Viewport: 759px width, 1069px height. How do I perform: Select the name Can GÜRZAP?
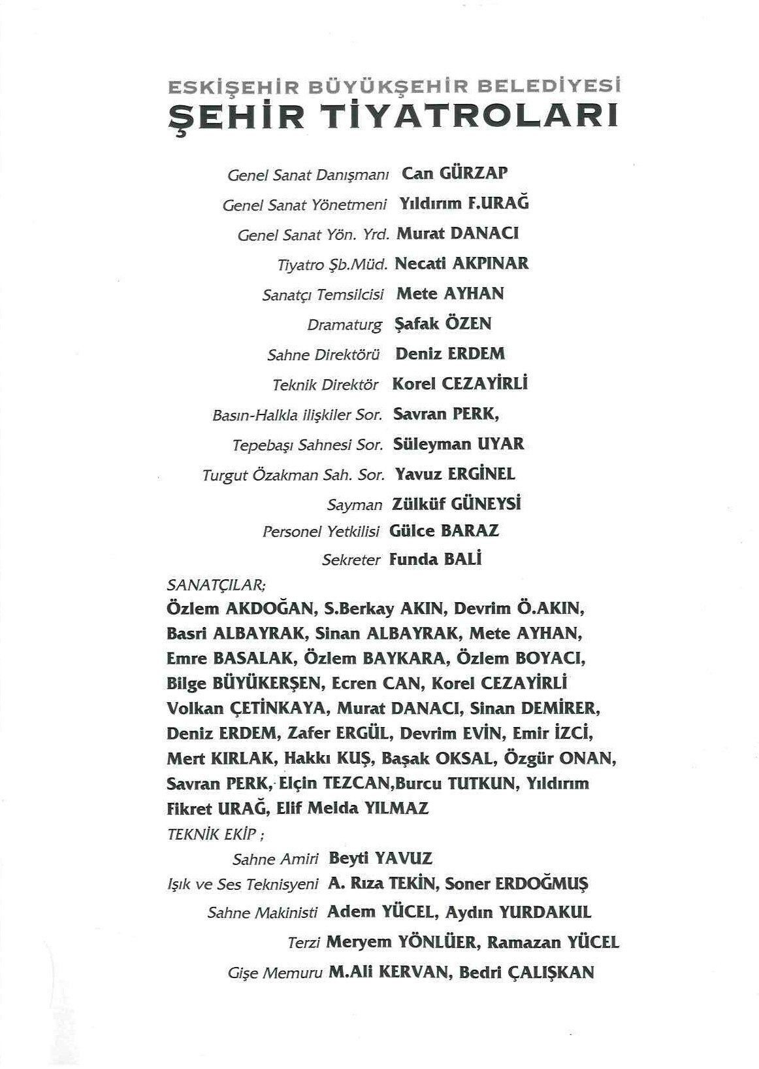pos(455,173)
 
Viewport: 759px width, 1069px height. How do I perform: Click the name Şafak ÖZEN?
pos(444,324)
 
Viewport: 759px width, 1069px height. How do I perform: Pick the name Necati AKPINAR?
pos(462,263)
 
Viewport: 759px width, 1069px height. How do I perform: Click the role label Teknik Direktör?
pos(325,385)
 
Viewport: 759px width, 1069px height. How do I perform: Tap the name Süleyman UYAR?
pos(459,445)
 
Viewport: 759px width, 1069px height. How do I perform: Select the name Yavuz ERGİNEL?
pos(455,474)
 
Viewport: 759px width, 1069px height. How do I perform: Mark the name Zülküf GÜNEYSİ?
pos(456,504)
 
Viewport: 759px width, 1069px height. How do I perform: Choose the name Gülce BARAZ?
pos(444,531)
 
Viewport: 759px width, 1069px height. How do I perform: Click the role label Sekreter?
pos(351,560)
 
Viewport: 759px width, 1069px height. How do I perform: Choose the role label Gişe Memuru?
pos(275,974)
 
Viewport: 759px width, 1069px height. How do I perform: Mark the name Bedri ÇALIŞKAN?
pos(526,972)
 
